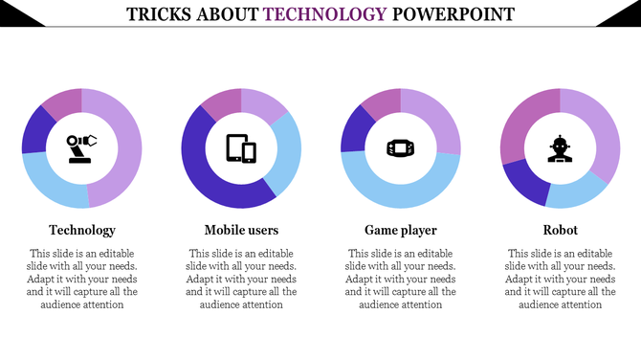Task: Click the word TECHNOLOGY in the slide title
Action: [x=325, y=14]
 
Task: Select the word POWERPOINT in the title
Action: [x=453, y=14]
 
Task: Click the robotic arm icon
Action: [x=81, y=148]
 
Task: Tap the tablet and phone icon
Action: [x=241, y=148]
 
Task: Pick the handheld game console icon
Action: [x=400, y=148]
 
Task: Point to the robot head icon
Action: [x=560, y=148]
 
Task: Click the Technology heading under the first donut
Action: [x=82, y=230]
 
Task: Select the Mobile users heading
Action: [x=241, y=230]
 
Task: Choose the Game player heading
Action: [x=401, y=230]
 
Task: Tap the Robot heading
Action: [x=560, y=230]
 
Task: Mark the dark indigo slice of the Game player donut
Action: [x=355, y=129]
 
